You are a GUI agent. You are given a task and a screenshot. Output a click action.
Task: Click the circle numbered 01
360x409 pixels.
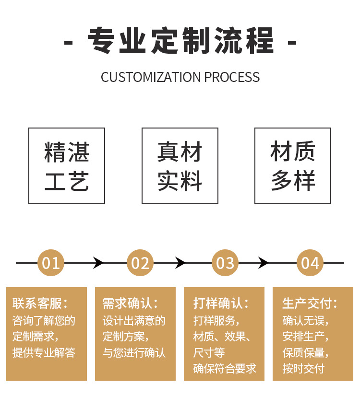(51, 263)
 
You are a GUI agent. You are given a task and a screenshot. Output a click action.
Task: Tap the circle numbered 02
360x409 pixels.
(140, 263)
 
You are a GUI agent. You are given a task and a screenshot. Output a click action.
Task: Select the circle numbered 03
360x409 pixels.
(225, 263)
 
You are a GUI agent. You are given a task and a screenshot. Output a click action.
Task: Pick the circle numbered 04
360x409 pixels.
(310, 263)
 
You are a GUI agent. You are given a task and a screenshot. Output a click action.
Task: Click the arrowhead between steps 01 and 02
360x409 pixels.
(98, 263)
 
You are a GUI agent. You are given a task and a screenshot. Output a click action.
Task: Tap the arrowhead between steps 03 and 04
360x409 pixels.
(263, 263)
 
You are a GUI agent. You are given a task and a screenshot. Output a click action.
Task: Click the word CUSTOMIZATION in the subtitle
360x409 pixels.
(151, 77)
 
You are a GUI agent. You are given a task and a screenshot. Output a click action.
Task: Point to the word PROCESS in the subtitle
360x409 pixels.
(232, 77)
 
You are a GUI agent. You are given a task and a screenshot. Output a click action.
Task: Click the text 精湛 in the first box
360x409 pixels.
(67, 152)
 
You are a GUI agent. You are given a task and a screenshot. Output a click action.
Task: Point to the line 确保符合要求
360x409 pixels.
(225, 368)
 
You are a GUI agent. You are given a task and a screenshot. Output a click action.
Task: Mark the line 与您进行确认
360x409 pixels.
(134, 353)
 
